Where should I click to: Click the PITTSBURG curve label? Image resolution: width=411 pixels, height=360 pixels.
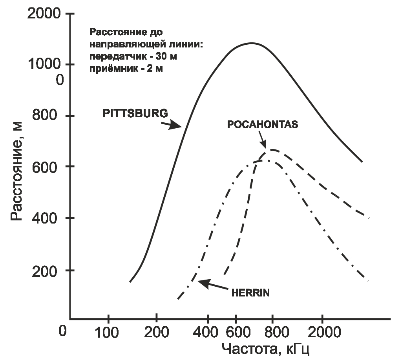point(135,113)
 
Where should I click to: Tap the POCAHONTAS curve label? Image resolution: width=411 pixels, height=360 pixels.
point(263,124)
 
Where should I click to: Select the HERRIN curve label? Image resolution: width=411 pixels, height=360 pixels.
point(250,293)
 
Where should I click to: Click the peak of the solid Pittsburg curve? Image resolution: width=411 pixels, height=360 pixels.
point(251,43)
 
